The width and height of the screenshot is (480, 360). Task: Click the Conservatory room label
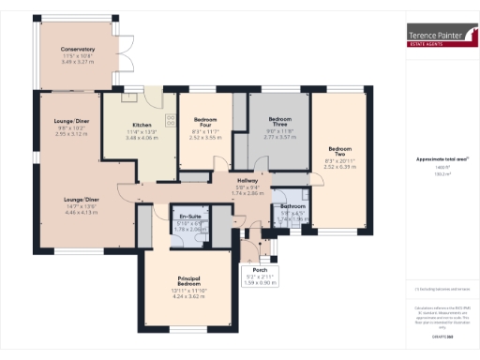tap(78, 49)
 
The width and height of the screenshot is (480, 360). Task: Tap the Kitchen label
tap(142, 125)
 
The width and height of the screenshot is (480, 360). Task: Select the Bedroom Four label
tap(205, 121)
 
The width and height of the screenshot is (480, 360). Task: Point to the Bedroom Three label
tap(281, 120)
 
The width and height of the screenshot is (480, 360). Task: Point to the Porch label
tap(261, 269)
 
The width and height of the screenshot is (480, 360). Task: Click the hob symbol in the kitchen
tap(170, 119)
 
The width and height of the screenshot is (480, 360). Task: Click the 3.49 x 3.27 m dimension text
tap(78, 62)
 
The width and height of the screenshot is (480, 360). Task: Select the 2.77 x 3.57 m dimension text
tap(281, 136)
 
